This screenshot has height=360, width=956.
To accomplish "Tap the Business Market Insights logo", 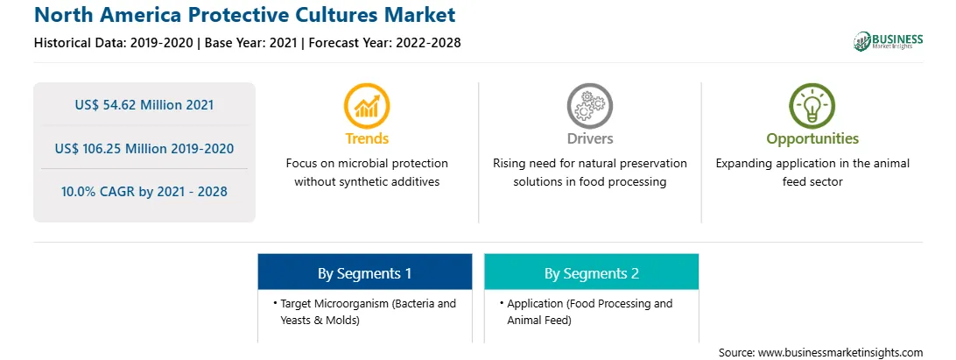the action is pos(888,41).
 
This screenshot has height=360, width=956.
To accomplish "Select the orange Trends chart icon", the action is pos(367,106).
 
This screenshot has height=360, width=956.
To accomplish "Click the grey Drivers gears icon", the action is pos(589,106).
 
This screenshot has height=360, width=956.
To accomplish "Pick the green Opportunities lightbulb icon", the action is pos(812,106).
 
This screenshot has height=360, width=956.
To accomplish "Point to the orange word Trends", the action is pos(367,138).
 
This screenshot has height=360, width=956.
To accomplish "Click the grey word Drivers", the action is pos(589,138).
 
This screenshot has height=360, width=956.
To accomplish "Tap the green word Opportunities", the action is pos(812,139).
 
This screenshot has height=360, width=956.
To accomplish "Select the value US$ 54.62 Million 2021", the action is pos(144,105).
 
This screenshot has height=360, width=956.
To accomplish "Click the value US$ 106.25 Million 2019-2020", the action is pos(144,148).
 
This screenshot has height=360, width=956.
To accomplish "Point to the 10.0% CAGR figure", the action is pos(144,192).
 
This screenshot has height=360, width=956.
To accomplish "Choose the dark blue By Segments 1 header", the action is pos(364,272).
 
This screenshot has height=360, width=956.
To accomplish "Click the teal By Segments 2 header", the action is pos(592,272).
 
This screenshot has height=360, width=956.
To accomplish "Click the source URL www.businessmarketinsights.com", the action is pos(840,353).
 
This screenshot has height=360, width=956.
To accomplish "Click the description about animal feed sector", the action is pos(812,173).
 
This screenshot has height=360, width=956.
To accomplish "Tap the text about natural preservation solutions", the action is pos(589,173).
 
